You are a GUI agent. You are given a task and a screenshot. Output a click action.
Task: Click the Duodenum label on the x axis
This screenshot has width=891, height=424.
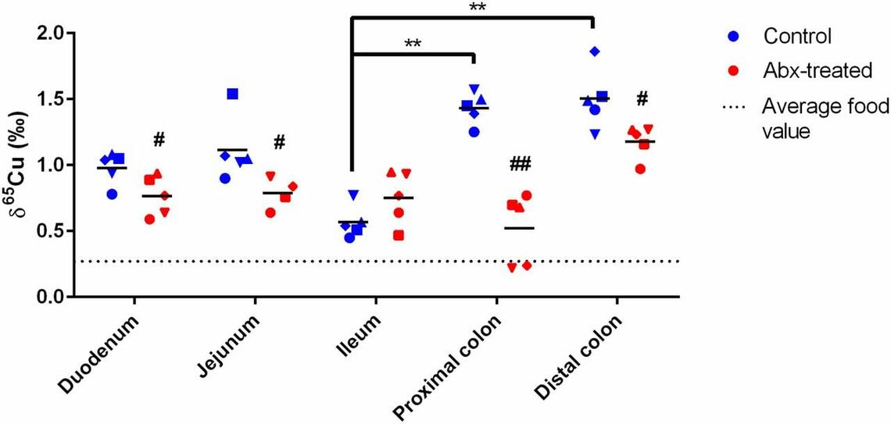pyautogui.click(x=101, y=355)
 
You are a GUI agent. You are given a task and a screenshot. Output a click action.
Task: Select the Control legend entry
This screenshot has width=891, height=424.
pyautogui.click(x=796, y=36)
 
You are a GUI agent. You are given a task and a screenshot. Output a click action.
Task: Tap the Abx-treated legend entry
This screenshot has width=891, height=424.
pyautogui.click(x=817, y=70)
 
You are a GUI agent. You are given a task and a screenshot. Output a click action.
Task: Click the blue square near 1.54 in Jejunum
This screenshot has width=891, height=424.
pyautogui.click(x=232, y=94)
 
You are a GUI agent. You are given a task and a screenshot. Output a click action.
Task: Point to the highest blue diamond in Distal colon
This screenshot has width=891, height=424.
pyautogui.click(x=596, y=52)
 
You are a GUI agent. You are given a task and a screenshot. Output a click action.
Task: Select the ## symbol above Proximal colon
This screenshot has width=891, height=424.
pyautogui.click(x=520, y=163)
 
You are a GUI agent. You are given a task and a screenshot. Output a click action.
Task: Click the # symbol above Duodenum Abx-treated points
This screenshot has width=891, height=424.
pyautogui.click(x=159, y=140)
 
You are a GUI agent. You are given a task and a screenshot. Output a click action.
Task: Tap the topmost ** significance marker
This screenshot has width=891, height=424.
pyautogui.click(x=478, y=7)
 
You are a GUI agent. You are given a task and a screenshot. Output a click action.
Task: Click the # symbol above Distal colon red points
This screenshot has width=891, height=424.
pyautogui.click(x=642, y=98)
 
